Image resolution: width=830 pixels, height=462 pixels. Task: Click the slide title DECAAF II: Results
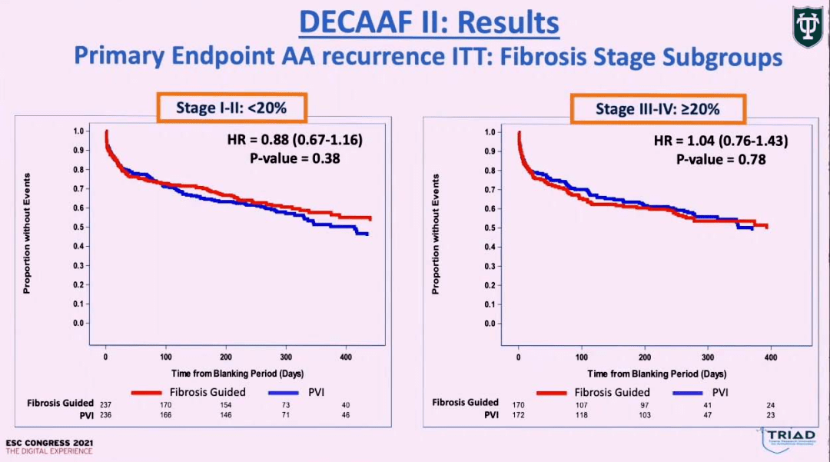429,22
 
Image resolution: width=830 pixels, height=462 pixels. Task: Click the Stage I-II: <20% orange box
231,108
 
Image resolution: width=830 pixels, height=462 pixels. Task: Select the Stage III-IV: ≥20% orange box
657,109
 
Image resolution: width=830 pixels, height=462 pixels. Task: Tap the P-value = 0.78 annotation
721,160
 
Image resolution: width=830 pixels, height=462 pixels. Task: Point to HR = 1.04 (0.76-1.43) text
721,141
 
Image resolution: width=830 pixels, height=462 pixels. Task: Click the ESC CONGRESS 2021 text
49,444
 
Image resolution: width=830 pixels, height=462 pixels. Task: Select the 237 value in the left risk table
106,403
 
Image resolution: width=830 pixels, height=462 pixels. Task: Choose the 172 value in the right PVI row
519,415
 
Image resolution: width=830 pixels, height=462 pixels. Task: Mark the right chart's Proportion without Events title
436,234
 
